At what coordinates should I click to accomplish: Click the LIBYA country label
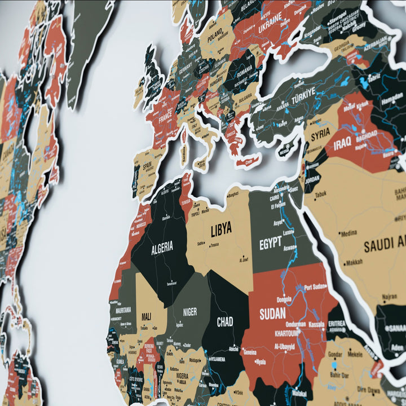tap(221, 230)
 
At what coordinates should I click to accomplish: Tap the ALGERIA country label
tap(162, 247)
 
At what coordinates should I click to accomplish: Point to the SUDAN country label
tap(272, 314)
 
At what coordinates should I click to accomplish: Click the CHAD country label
tap(225, 322)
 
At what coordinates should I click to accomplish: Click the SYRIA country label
tap(320, 134)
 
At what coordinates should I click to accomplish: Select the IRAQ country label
tap(342, 144)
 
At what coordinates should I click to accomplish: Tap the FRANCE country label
tap(165, 120)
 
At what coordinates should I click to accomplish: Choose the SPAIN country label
tap(147, 167)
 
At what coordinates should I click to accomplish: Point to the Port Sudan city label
tap(315, 287)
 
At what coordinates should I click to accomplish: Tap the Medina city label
tap(348, 233)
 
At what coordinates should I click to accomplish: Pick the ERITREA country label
tap(337, 324)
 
